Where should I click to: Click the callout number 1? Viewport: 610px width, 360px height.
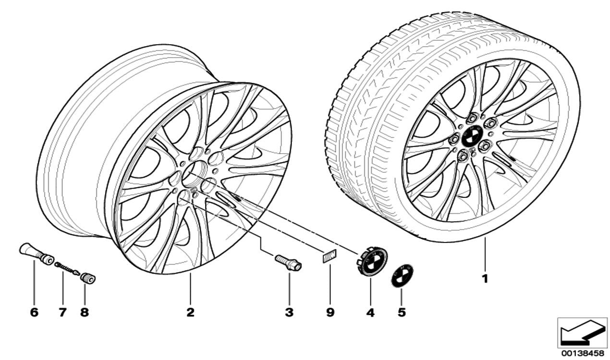(485, 278)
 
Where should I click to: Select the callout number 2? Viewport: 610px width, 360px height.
(190, 312)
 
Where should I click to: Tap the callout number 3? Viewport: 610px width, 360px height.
(289, 312)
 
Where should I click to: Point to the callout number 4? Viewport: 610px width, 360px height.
(370, 312)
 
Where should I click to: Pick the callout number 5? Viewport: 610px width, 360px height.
(402, 312)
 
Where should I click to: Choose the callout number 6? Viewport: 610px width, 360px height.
(34, 312)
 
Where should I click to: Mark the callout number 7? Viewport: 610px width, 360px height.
(62, 312)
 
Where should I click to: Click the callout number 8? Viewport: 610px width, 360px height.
(85, 312)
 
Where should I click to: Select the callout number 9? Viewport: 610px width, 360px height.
(330, 312)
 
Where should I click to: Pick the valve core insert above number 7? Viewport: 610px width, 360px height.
(67, 268)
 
